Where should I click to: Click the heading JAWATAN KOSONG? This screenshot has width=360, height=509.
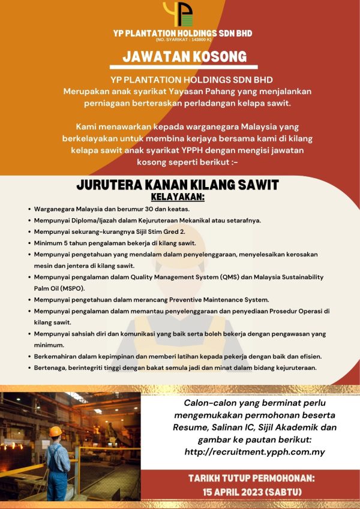185,57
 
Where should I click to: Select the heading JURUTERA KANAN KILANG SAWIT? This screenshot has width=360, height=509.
178,185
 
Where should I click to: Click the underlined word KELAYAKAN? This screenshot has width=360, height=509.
178,197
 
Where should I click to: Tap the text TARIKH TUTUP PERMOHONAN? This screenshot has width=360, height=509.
251,479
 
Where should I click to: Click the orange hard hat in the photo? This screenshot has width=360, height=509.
56,431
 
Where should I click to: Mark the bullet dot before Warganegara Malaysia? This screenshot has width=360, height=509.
29,209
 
